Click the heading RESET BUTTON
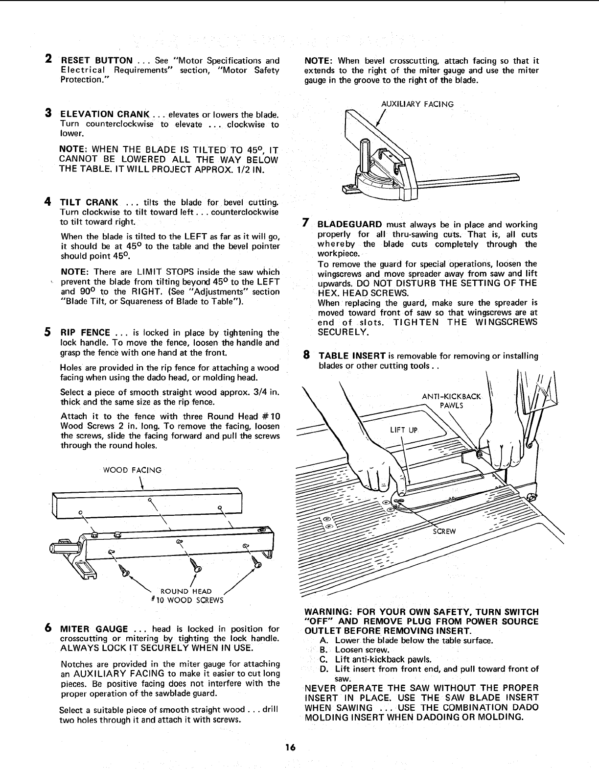point(96,61)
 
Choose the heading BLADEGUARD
point(349,224)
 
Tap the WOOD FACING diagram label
point(132,470)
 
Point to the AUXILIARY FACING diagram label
point(417,104)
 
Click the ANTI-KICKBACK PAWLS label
point(451,400)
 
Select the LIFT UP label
point(403,430)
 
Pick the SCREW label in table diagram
point(445,532)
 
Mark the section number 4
point(48,202)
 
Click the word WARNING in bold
point(325,612)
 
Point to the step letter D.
point(323,669)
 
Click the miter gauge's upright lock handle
point(366,154)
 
